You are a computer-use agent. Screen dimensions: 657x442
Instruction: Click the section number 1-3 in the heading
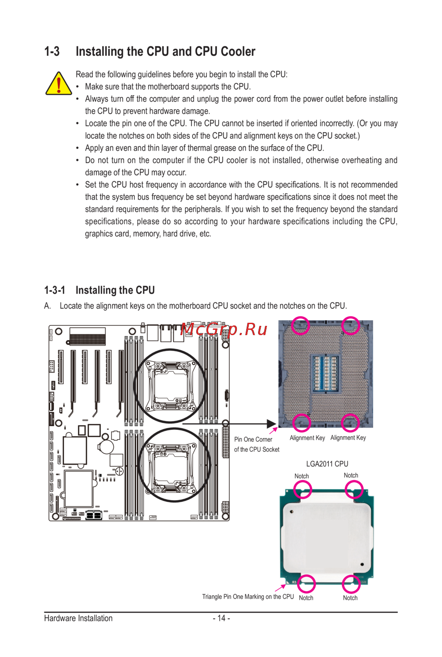[52, 52]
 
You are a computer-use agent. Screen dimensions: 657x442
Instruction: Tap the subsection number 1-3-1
[54, 290]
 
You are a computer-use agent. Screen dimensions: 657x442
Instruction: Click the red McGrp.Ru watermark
[224, 329]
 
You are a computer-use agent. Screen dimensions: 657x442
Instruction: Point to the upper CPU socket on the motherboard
[170, 386]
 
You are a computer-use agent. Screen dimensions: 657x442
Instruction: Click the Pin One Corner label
[253, 439]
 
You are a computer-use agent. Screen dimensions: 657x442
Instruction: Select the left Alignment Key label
[307, 438]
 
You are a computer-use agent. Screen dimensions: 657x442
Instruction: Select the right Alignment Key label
[348, 438]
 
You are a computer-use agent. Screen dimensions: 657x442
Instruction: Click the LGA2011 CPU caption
[327, 464]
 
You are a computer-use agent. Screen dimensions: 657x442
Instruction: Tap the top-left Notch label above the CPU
[302, 476]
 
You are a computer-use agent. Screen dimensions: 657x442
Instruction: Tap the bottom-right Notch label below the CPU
[350, 598]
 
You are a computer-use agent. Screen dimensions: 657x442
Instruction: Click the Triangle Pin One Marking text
[248, 596]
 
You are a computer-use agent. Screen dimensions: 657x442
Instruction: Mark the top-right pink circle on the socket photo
[351, 325]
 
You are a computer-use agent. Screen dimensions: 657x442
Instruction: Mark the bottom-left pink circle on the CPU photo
[306, 584]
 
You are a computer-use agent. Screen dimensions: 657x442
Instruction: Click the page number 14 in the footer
[221, 618]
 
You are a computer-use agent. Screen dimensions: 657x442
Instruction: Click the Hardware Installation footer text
[78, 618]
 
